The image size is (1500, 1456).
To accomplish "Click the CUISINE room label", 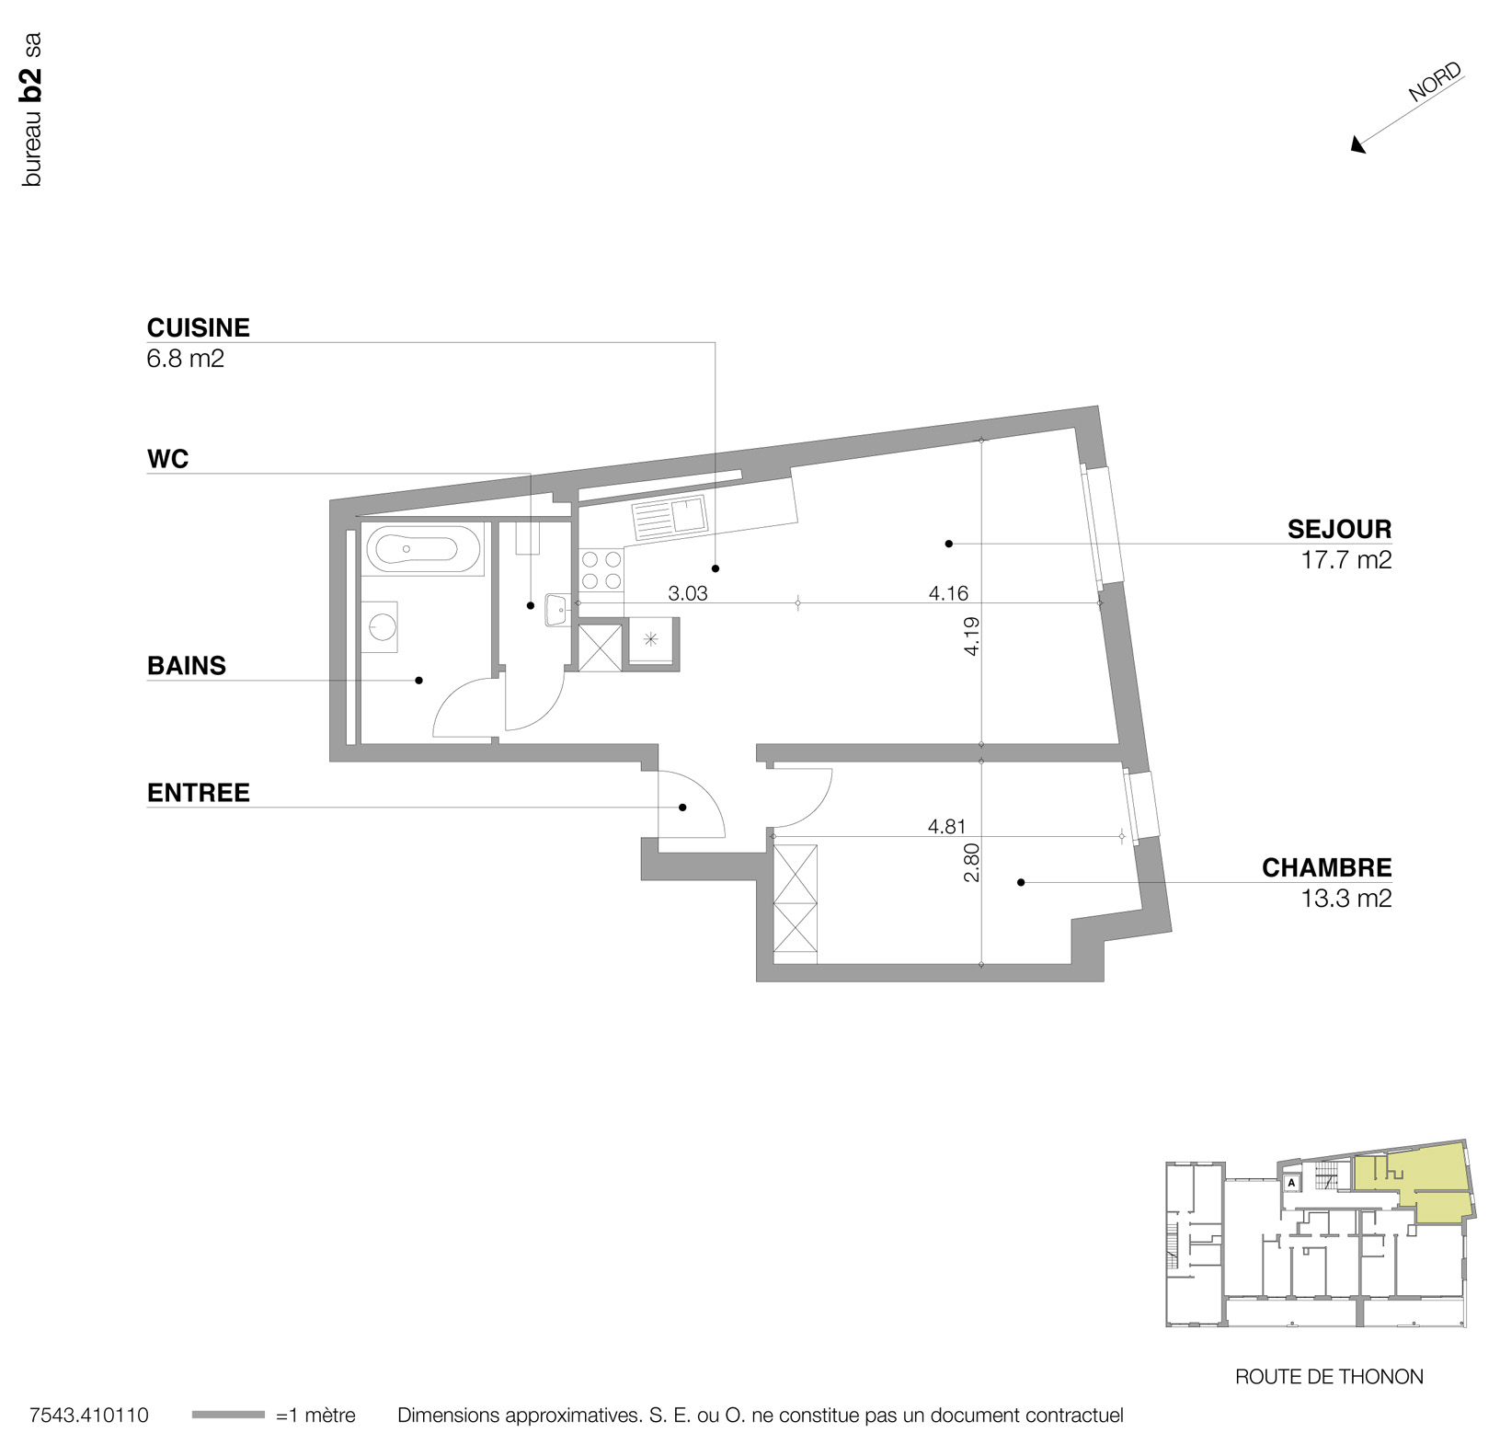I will click(x=198, y=327).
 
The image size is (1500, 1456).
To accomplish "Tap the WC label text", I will click(x=167, y=459).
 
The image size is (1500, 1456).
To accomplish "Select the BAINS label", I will click(x=186, y=666).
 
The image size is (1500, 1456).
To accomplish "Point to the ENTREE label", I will click(x=198, y=793).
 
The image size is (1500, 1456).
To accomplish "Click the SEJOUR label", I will click(x=1339, y=530).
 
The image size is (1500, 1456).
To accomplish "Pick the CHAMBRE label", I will click(x=1326, y=868).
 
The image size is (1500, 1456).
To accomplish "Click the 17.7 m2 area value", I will click(x=1345, y=560).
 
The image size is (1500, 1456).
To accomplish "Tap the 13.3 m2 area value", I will click(x=1345, y=899).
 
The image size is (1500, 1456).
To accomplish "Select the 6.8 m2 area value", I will click(x=185, y=359).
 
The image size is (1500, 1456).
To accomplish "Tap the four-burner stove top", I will click(x=601, y=569).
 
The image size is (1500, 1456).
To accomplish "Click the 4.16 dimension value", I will click(x=948, y=594).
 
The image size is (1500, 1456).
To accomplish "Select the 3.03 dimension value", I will click(x=688, y=594).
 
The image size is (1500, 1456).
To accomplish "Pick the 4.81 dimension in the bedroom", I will click(x=946, y=827).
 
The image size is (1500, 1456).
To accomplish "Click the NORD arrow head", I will click(x=1357, y=145).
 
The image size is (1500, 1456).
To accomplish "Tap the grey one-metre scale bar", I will click(x=228, y=1415).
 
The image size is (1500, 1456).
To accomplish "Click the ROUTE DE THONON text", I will click(x=1329, y=1377).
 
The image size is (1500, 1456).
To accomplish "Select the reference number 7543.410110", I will click(x=89, y=1416).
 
